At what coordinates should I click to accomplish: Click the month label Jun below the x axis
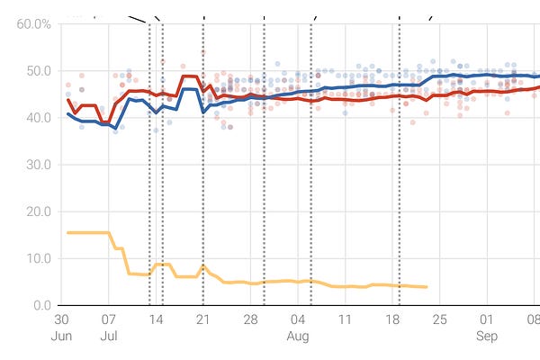point(61,337)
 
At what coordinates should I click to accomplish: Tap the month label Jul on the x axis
point(108,337)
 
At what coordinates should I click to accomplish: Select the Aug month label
point(298,337)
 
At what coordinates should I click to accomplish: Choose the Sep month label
point(487,337)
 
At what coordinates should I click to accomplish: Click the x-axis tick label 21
point(202,319)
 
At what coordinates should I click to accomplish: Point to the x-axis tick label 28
point(250,319)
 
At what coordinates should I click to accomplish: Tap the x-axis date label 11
point(345,319)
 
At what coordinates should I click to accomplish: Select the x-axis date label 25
point(439,319)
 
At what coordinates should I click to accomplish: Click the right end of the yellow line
point(427,287)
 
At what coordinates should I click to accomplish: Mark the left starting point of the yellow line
point(67,233)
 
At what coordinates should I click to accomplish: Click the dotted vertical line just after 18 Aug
point(400,180)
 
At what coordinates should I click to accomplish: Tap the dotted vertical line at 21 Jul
point(202,180)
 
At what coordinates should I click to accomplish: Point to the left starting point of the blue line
point(68,114)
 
